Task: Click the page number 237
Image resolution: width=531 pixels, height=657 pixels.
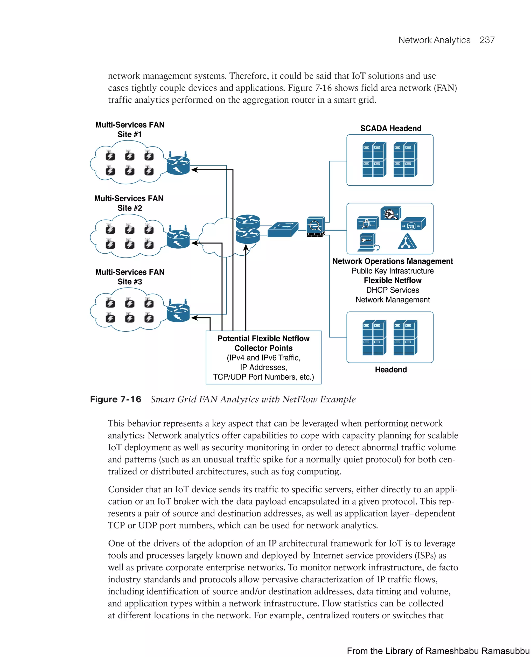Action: pyautogui.click(x=487, y=40)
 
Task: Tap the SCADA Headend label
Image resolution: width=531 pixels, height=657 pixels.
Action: pyautogui.click(x=391, y=128)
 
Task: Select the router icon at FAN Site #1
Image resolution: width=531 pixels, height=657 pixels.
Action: pyautogui.click(x=178, y=164)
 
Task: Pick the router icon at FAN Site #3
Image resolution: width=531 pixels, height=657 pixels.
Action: pyautogui.click(x=178, y=312)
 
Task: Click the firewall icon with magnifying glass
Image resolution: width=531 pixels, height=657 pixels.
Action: pyautogui.click(x=315, y=227)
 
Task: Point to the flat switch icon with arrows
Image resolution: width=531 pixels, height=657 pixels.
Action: pyautogui.click(x=283, y=229)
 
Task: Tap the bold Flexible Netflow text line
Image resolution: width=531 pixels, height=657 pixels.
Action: pyautogui.click(x=393, y=281)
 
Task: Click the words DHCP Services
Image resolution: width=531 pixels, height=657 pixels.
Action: pyautogui.click(x=393, y=290)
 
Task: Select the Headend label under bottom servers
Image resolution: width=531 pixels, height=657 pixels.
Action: pyautogui.click(x=391, y=369)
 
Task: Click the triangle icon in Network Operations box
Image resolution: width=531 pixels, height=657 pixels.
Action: pyautogui.click(x=407, y=242)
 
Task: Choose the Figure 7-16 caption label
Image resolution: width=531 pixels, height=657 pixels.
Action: pyautogui.click(x=116, y=399)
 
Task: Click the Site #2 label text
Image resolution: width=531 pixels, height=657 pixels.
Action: pyautogui.click(x=130, y=208)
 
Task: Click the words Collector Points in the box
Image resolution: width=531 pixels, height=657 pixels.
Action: pyautogui.click(x=263, y=348)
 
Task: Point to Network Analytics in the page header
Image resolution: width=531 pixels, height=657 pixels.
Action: pyautogui.click(x=434, y=40)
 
